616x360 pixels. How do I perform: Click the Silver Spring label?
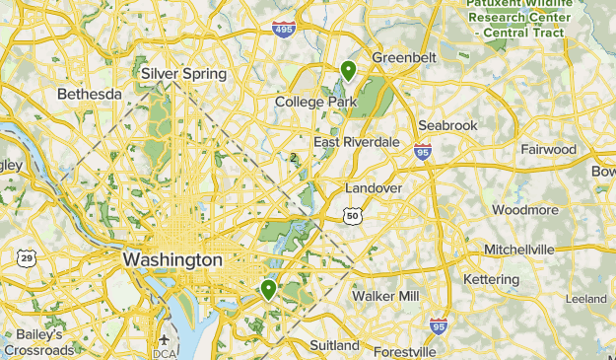(x=183, y=74)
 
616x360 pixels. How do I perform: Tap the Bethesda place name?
(x=90, y=95)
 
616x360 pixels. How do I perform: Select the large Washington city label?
(x=172, y=259)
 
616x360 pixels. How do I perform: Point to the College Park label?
(x=315, y=102)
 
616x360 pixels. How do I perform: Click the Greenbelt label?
(x=403, y=58)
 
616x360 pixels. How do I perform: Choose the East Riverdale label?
(x=357, y=142)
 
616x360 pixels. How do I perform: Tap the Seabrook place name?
(x=447, y=126)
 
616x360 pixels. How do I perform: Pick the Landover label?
(x=374, y=187)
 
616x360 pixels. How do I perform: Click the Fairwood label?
(x=548, y=150)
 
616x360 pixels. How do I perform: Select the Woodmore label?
(x=525, y=210)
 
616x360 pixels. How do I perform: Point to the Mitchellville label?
(x=519, y=249)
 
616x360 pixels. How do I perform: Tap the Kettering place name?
(x=491, y=280)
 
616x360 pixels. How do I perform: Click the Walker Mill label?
(x=385, y=296)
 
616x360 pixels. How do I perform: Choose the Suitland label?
(x=334, y=345)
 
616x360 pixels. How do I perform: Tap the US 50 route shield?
(x=353, y=215)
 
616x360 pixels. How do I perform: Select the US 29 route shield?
(x=27, y=258)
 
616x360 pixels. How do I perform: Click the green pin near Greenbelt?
(x=348, y=70)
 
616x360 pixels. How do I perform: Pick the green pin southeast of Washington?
(x=268, y=290)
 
